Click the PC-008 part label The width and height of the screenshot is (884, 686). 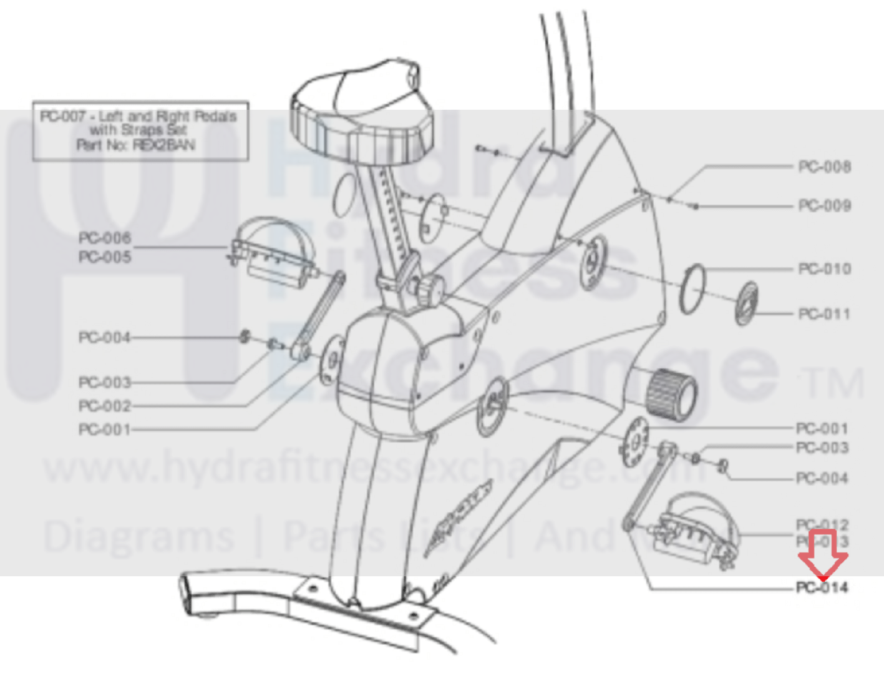pyautogui.click(x=824, y=167)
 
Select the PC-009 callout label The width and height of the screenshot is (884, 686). pyautogui.click(x=824, y=205)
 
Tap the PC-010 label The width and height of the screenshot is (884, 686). pyautogui.click(x=824, y=269)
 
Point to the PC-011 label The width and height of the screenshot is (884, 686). pyautogui.click(x=824, y=313)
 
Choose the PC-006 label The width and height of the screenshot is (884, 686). pyautogui.click(x=105, y=238)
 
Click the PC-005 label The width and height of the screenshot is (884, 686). pyautogui.click(x=105, y=257)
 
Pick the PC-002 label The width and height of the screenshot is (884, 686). pyautogui.click(x=105, y=406)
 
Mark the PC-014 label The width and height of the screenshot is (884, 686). pyautogui.click(x=822, y=587)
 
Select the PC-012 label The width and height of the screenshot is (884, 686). pyautogui.click(x=822, y=524)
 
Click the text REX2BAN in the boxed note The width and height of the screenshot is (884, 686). pyautogui.click(x=164, y=145)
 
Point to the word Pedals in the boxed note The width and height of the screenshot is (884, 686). pyautogui.click(x=215, y=116)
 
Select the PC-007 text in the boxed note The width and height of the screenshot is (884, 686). pyautogui.click(x=62, y=116)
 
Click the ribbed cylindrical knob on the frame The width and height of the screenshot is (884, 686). pyautogui.click(x=671, y=393)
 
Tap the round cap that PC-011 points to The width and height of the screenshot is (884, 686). pyautogui.click(x=747, y=303)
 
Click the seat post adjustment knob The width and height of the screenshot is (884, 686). pyautogui.click(x=430, y=290)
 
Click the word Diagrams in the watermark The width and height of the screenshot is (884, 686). pyautogui.click(x=138, y=537)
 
